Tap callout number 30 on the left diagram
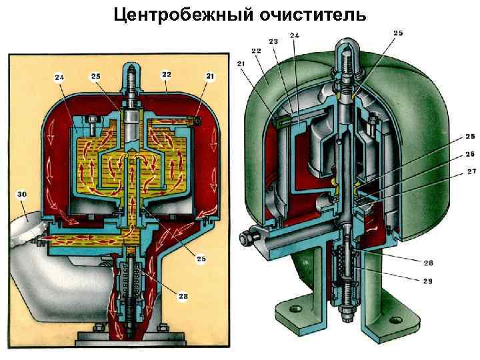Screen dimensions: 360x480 pyautogui.click(x=23, y=194)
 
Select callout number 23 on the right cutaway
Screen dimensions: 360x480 pyautogui.click(x=274, y=41)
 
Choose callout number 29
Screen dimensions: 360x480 pyautogui.click(x=427, y=281)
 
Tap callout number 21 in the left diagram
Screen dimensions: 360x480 pyautogui.click(x=211, y=77)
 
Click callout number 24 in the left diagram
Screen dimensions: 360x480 pyautogui.click(x=59, y=77)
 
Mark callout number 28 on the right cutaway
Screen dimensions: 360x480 pyautogui.click(x=427, y=262)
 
